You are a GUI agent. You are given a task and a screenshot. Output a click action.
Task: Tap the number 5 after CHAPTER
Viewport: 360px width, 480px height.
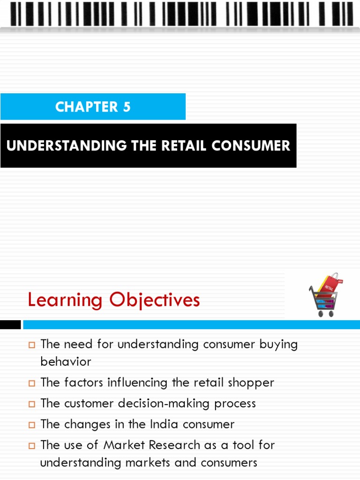(x=126, y=107)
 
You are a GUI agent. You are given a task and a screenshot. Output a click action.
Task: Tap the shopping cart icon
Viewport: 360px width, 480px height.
(x=323, y=296)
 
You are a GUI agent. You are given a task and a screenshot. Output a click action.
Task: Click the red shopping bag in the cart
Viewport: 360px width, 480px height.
(x=329, y=284)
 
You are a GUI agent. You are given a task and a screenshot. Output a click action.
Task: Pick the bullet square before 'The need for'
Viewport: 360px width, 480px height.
(x=32, y=345)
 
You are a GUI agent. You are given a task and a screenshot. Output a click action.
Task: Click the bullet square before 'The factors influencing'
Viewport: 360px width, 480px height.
(x=32, y=383)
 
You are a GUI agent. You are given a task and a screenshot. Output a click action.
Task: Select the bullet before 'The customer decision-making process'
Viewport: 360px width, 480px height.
(x=32, y=404)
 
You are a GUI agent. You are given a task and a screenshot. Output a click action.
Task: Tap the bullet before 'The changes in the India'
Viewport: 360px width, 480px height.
(x=32, y=425)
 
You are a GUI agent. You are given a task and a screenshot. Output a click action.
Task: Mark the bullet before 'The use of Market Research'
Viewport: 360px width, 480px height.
(x=32, y=445)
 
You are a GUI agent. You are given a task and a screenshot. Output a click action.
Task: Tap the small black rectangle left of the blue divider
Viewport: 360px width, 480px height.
(x=10, y=324)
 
